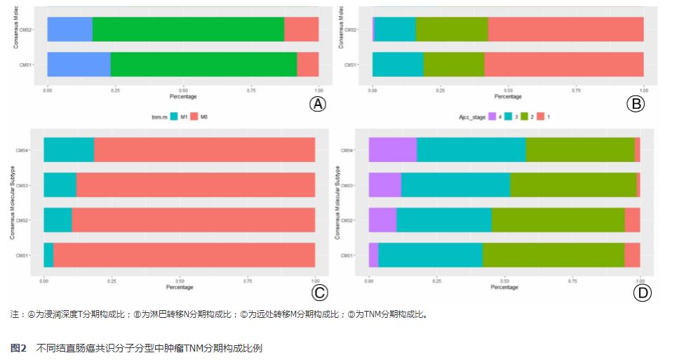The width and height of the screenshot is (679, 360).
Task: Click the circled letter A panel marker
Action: [x=318, y=104]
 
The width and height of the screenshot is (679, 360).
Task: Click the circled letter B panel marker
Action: [x=635, y=104]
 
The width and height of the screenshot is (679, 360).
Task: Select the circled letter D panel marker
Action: [x=643, y=293]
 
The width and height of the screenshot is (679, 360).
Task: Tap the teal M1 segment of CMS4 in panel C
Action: [x=69, y=150]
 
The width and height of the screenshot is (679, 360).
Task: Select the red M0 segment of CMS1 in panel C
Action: [x=184, y=255]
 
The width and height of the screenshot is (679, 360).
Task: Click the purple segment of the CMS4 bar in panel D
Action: [x=393, y=150]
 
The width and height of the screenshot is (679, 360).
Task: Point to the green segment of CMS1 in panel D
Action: [x=553, y=255]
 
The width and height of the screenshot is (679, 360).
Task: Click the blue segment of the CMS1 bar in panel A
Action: [x=79, y=64]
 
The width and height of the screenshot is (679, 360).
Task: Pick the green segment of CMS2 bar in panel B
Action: [x=451, y=29]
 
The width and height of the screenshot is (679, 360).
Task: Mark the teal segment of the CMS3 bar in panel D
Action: [x=455, y=185]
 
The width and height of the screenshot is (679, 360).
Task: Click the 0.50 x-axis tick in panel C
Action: [x=180, y=280]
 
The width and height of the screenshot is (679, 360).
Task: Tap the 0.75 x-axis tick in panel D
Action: [x=572, y=280]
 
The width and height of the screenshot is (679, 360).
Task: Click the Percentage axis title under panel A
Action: [x=183, y=96]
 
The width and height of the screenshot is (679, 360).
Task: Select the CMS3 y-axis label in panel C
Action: [x=22, y=185]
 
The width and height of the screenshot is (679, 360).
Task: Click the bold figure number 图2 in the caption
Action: [x=19, y=348]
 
